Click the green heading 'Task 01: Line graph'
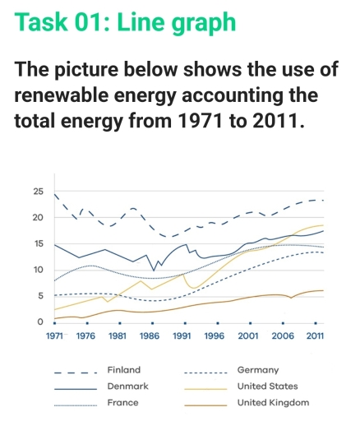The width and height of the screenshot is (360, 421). pyautogui.click(x=126, y=22)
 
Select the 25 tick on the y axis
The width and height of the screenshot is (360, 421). pyautogui.click(x=37, y=192)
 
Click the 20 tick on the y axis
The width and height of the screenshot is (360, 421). pyautogui.click(x=37, y=218)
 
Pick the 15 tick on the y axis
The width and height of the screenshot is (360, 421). pyautogui.click(x=37, y=244)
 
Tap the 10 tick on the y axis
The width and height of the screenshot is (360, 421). pyautogui.click(x=37, y=271)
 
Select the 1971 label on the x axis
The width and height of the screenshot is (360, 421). pyautogui.click(x=54, y=337)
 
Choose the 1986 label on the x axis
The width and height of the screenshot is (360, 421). pyautogui.click(x=149, y=337)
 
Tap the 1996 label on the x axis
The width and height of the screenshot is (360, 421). pyautogui.click(x=213, y=337)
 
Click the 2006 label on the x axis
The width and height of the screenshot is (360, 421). pyautogui.click(x=282, y=337)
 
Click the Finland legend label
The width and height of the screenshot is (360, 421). pyautogui.click(x=124, y=370)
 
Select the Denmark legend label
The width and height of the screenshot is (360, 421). pyautogui.click(x=127, y=386)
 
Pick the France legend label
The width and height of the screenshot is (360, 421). pyautogui.click(x=122, y=402)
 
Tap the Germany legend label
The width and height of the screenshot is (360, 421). pyautogui.click(x=258, y=370)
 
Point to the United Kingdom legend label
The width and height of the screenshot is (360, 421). pyautogui.click(x=273, y=402)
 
